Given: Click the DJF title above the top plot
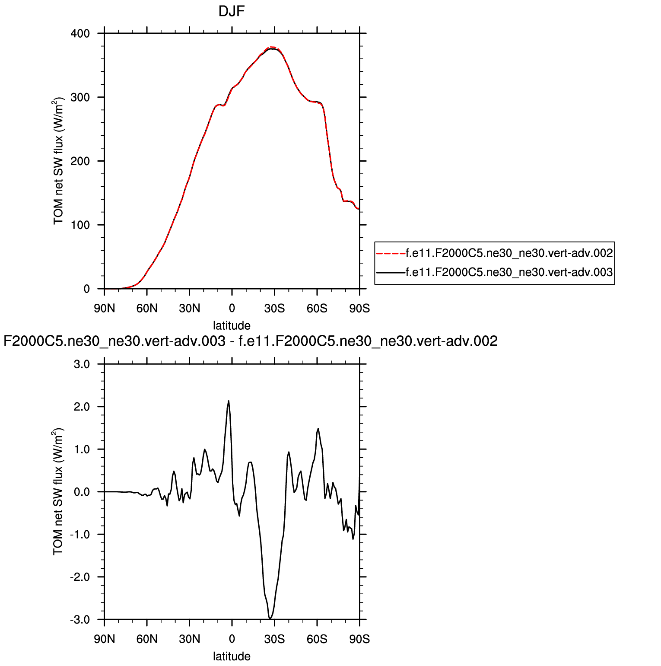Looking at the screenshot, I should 232,11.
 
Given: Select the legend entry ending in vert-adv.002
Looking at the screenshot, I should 509,253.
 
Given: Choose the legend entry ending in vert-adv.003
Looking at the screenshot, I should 509,272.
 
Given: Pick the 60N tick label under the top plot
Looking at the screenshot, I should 147,309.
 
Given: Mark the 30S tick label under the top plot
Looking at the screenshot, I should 274,309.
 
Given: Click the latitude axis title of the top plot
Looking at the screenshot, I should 232,325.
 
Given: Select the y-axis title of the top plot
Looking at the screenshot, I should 59,161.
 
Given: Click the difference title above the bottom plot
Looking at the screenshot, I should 251,341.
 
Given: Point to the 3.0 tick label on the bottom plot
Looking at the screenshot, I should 82,364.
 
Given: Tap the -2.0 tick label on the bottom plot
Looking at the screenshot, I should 80,577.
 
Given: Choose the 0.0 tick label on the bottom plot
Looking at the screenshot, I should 82,492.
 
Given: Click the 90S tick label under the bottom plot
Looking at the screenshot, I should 359,639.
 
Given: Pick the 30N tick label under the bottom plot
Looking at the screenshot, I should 190,639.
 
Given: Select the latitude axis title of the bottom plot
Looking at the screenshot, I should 232,656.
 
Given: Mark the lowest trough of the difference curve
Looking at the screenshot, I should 270,618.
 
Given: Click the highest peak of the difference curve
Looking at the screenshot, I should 229,401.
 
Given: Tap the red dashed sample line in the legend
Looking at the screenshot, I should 391,253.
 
